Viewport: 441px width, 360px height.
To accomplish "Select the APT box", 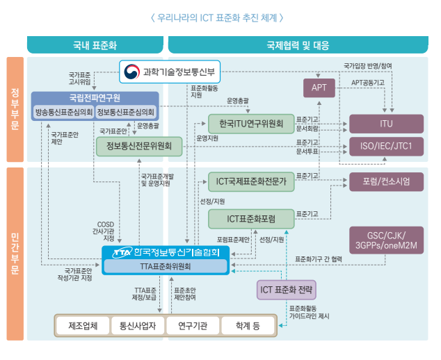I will pyautogui.click(x=319, y=88).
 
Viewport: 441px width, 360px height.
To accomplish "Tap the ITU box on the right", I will pyautogui.click(x=386, y=124).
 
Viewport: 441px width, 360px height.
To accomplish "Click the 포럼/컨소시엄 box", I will pyautogui.click(x=386, y=183).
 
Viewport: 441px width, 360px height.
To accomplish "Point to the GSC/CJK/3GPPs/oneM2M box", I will pyautogui.click(x=386, y=239).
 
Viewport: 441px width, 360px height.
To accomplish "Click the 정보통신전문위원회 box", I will pyautogui.click(x=139, y=146).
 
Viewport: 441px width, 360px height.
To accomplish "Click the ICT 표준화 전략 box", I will pyautogui.click(x=286, y=289).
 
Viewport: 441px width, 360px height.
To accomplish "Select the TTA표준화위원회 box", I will pyautogui.click(x=166, y=266).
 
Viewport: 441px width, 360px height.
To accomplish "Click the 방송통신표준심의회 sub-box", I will pyautogui.click(x=64, y=111).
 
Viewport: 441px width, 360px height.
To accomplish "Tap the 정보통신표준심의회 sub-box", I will pyautogui.click(x=126, y=111).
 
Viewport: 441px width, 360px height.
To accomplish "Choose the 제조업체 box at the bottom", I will pyautogui.click(x=83, y=325).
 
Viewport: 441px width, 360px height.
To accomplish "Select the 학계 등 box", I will pyautogui.click(x=247, y=325).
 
